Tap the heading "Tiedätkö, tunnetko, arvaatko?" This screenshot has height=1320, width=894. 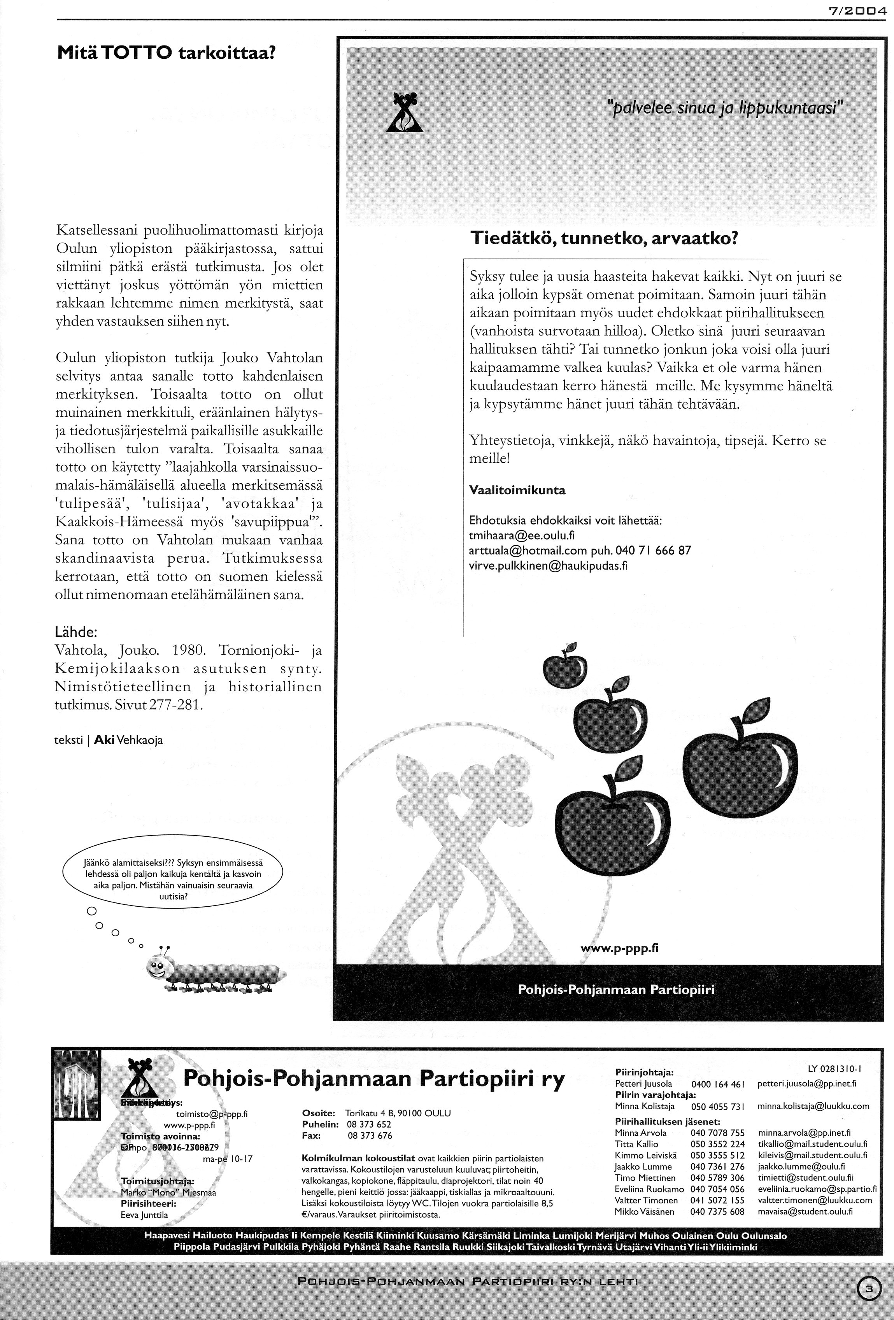[x=603, y=238]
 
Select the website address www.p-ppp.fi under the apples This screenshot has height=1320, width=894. [x=619, y=948]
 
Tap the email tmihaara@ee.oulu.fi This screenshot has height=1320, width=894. [x=522, y=535]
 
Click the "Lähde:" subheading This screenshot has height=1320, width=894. [x=76, y=631]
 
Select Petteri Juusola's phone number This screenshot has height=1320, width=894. [x=717, y=1084]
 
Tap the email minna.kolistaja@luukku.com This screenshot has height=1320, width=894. [x=813, y=1106]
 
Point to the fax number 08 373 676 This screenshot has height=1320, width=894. [x=370, y=1135]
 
